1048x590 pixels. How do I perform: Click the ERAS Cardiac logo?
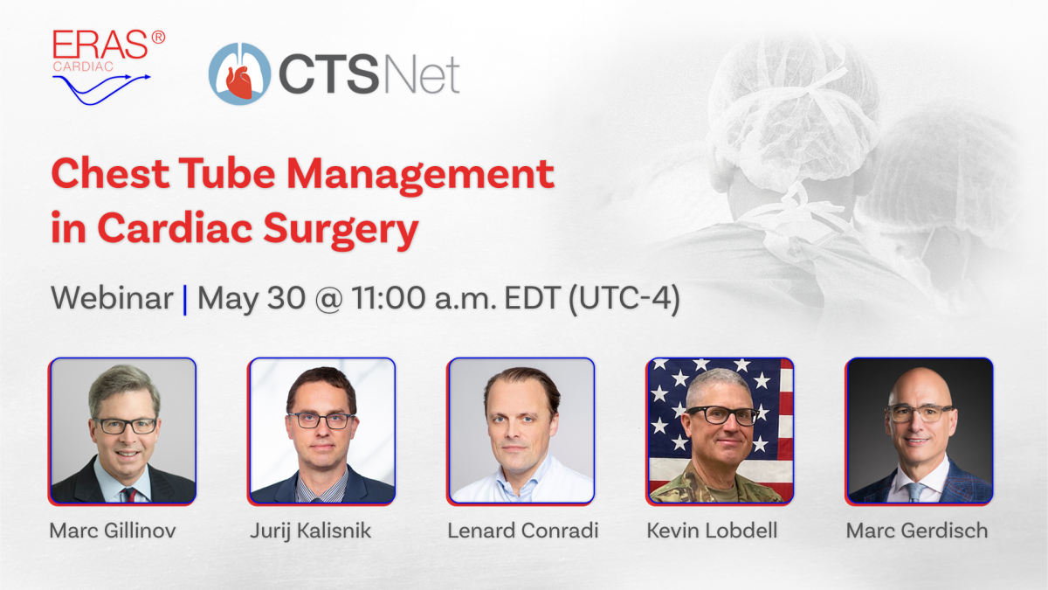point(108,67)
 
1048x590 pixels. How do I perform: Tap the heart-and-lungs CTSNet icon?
point(239,73)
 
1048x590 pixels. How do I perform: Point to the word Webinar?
point(112,298)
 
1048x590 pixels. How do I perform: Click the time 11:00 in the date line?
point(389,298)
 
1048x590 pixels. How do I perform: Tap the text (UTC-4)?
point(624,299)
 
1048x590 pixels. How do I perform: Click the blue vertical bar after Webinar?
point(185,300)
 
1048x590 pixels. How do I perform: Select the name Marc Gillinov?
point(113,531)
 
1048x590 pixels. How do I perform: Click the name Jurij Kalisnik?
point(310,531)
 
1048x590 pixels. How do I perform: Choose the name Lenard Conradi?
point(522,531)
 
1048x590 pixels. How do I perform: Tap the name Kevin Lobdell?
point(712,531)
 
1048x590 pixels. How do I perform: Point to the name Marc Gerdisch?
point(917,531)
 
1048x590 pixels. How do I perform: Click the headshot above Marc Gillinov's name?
point(122,431)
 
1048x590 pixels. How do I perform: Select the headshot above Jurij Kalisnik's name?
point(322,431)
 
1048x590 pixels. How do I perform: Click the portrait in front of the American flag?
point(720,431)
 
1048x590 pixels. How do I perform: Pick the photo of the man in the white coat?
point(521,431)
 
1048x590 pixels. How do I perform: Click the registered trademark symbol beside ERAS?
point(158,37)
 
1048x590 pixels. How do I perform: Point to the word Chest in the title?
point(110,173)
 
